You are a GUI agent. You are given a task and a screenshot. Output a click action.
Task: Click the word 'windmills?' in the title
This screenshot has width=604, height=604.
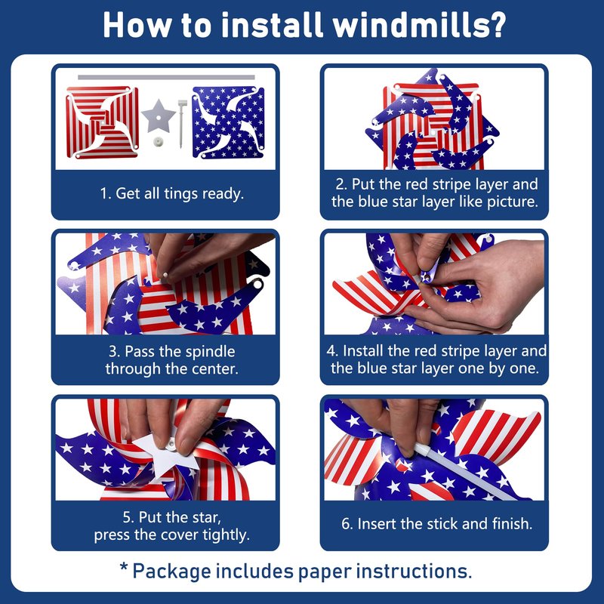pos(419,25)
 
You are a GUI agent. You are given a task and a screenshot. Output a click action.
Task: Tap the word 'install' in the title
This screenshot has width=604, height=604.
pos(272,25)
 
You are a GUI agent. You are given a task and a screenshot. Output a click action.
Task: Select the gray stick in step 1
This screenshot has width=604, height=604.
pos(166,77)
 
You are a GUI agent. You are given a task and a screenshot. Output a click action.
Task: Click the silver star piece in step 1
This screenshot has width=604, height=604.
pos(159,116)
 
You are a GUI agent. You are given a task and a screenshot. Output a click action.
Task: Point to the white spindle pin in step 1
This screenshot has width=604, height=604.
pos(182,123)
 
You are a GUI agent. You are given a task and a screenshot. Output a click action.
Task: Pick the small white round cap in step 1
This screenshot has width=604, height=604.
pos(158,142)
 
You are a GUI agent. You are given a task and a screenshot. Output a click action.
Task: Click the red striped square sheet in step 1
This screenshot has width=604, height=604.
pos(102,122)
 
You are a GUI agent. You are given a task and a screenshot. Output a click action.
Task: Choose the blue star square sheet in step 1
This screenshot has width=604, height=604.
pos(229,122)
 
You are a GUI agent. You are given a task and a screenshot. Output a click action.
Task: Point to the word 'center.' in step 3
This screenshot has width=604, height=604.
pos(215,369)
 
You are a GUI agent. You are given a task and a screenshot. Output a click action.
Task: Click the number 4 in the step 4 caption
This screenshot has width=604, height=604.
pos(331,351)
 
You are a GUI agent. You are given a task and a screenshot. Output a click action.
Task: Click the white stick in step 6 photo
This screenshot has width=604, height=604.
pos(465,471)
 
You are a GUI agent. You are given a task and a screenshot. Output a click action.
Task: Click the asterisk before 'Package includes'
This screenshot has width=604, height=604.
pos(124,567)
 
